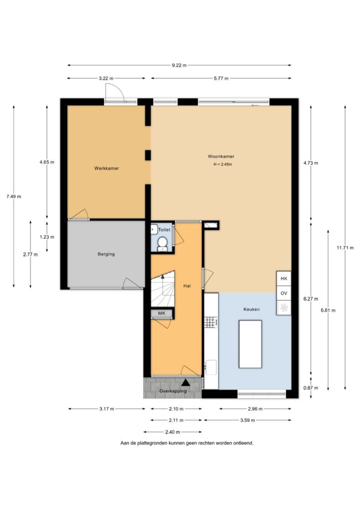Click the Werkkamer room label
pyautogui.click(x=106, y=168)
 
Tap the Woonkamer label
pyautogui.click(x=221, y=157)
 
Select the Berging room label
pyautogui.click(x=106, y=254)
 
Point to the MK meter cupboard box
pyautogui.click(x=162, y=313)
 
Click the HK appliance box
pyautogui.click(x=284, y=278)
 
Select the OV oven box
pyautogui.click(x=284, y=293)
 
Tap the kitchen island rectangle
pyautogui.click(x=250, y=344)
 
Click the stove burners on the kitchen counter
pyautogui.click(x=211, y=322)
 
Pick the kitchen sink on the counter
pyautogui.click(x=211, y=367)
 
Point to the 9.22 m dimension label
pyautogui.click(x=179, y=65)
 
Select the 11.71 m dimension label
pyautogui.click(x=345, y=248)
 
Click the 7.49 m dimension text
pyautogui.click(x=13, y=196)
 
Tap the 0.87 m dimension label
pyautogui.click(x=311, y=388)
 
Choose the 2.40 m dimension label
pyautogui.click(x=173, y=432)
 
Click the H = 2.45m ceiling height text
pyautogui.click(x=223, y=164)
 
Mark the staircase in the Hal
pyautogui.click(x=163, y=289)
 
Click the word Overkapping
pyautogui.click(x=173, y=391)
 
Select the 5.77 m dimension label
pyautogui.click(x=221, y=78)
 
